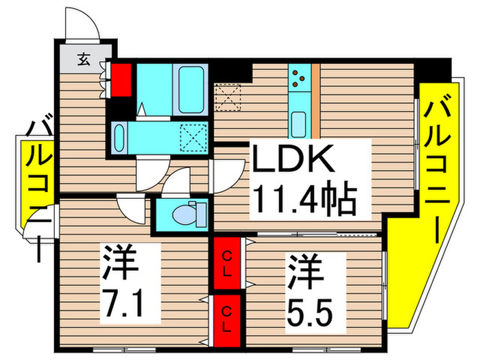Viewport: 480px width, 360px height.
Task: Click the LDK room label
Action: pos(294,160)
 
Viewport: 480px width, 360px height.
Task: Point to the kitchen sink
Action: pos(299,124)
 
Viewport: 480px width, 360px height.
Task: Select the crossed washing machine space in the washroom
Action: pos(193,138)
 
